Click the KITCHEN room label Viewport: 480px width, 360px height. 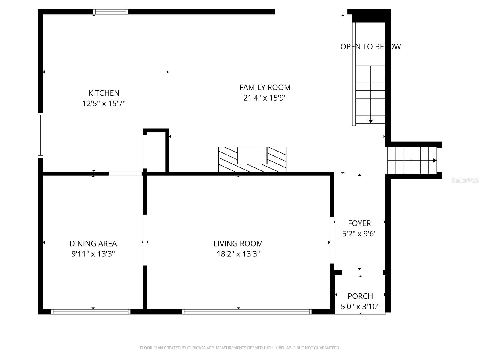[x=104, y=93]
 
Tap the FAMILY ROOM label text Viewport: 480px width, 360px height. [x=265, y=87]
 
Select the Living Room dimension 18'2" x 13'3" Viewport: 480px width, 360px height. [x=238, y=254]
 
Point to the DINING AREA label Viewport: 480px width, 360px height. [x=93, y=244]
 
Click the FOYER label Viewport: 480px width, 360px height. [x=359, y=223]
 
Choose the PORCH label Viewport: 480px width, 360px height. [x=360, y=296]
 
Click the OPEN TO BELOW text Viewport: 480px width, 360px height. [x=370, y=46]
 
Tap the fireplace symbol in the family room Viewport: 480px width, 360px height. [x=252, y=159]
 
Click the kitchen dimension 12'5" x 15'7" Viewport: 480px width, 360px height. [x=104, y=103]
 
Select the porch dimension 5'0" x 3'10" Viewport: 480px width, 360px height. [x=360, y=307]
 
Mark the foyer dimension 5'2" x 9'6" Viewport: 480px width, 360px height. [x=359, y=234]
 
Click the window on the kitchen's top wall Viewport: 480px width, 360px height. [x=111, y=12]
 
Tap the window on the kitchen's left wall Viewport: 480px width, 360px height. [x=40, y=135]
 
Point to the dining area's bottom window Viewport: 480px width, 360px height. [x=91, y=312]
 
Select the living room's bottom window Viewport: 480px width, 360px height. [x=247, y=312]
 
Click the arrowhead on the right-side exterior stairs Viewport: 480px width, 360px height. [x=435, y=160]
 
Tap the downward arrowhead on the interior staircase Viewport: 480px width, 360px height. [x=371, y=121]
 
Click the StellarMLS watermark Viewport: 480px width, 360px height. [x=465, y=180]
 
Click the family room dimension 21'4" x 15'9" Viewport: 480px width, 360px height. [x=265, y=98]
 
